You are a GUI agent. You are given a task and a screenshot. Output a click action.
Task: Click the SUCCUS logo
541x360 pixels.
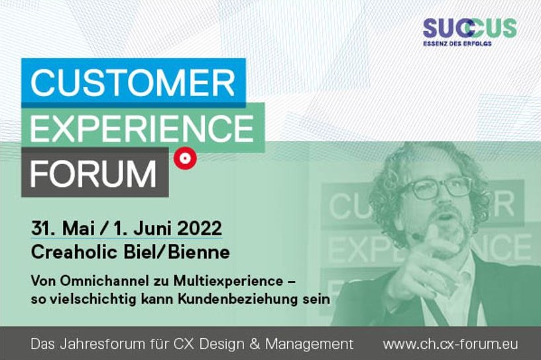[x=469, y=29]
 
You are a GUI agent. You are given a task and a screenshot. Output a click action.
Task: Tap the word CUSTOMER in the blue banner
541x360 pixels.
[x=133, y=83]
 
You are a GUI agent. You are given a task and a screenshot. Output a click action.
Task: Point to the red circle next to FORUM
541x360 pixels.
[x=184, y=158]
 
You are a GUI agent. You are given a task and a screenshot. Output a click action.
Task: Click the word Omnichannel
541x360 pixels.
[x=97, y=278]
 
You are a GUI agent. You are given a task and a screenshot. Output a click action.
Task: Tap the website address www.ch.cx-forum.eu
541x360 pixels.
[x=450, y=344]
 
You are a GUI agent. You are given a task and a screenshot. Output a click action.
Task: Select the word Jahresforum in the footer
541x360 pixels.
[x=91, y=344]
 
